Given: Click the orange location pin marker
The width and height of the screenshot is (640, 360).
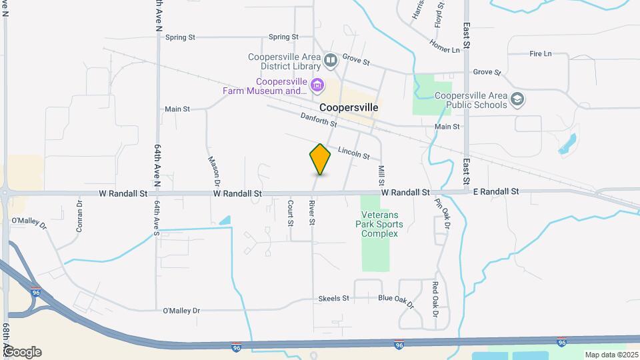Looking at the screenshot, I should point(320,159).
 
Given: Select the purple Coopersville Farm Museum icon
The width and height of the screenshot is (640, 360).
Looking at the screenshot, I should point(317,85).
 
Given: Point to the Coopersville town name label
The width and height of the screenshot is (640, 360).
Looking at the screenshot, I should point(349,107).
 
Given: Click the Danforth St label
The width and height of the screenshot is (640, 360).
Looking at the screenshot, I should point(319,120).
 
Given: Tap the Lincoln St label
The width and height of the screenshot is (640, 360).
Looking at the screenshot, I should point(353,153).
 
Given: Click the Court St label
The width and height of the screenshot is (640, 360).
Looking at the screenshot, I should point(291,213).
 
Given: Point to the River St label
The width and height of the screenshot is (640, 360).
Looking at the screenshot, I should point(311,211).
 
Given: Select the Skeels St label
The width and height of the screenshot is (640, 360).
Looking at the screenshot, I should point(334,298).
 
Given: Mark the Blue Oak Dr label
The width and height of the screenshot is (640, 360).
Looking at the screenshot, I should point(397,301).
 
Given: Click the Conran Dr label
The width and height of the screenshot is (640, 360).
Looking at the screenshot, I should point(79,216).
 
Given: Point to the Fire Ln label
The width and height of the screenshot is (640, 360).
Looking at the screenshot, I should point(540,53).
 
